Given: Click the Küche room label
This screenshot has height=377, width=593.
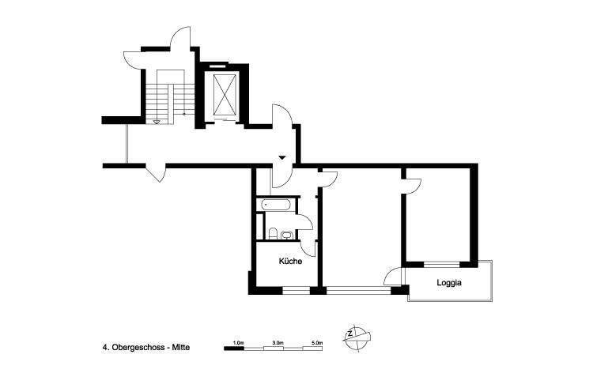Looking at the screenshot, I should [290, 261].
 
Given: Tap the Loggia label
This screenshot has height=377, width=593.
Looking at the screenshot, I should [449, 282].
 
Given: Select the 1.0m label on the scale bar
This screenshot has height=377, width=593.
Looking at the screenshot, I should [238, 342].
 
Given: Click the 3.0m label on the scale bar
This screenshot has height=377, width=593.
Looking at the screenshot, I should [277, 342].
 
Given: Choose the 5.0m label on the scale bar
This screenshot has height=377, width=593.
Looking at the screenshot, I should [316, 342].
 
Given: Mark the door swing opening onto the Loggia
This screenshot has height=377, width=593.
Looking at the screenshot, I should [392, 277].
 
